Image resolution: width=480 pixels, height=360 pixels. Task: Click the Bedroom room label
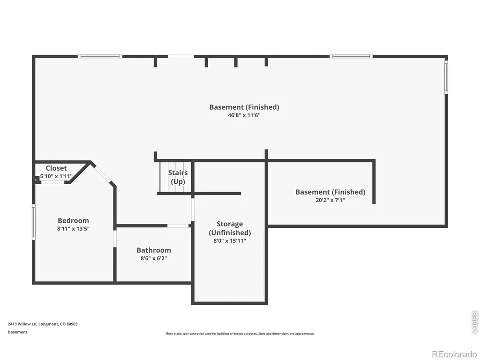(73, 220)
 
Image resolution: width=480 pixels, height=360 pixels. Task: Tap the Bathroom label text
(154, 250)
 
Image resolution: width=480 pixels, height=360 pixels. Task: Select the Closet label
(56, 168)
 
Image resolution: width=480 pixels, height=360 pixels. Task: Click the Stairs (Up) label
(178, 177)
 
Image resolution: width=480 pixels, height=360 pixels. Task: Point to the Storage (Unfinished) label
(230, 228)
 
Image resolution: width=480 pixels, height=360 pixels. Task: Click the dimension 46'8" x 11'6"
(244, 115)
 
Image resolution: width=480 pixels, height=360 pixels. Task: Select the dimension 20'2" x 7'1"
(330, 200)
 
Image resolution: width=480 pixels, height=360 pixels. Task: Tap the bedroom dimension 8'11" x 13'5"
(73, 229)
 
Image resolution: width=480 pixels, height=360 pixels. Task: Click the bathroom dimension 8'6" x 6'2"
(154, 258)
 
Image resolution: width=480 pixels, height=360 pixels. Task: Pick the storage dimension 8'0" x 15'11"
(230, 241)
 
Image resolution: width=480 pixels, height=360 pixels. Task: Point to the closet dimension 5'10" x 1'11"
(56, 176)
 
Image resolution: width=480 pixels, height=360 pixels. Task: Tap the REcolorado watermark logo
(454, 354)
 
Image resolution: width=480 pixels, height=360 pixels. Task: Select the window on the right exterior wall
(446, 77)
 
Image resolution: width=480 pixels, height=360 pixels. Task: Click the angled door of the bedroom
(103, 174)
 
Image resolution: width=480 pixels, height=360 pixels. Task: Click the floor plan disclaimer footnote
(240, 334)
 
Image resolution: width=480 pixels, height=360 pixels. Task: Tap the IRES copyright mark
(475, 322)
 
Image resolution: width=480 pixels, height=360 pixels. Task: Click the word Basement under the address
(17, 332)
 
